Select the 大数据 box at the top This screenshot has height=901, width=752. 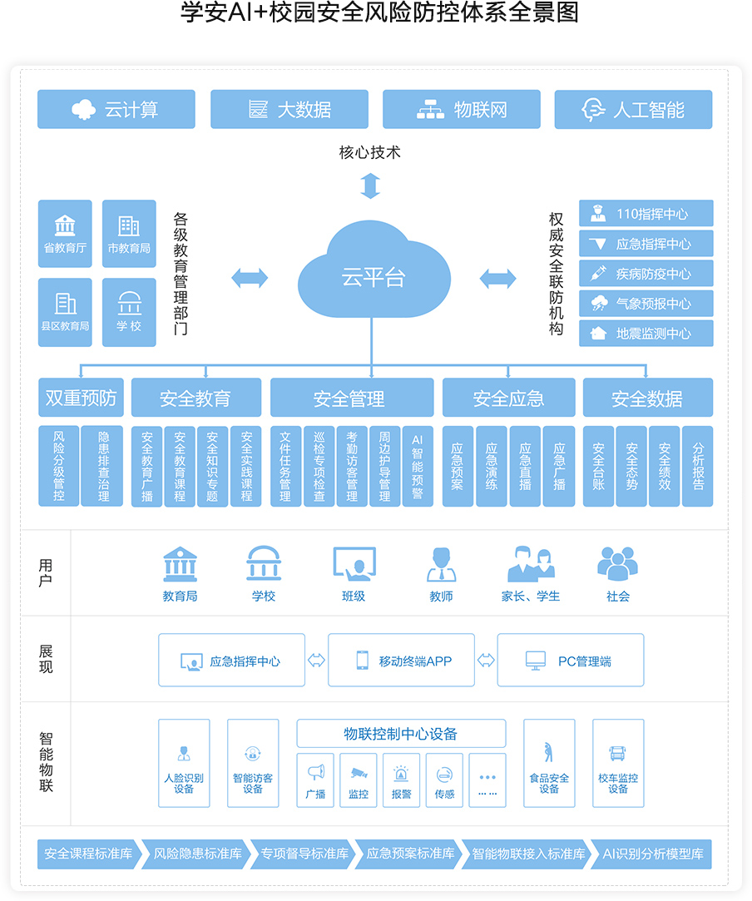click(289, 110)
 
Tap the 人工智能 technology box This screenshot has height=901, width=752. click(633, 110)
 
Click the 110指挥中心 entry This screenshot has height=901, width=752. click(646, 214)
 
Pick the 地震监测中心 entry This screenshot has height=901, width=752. click(646, 334)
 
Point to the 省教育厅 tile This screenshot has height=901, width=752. click(65, 234)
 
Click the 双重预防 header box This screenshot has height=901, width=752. click(81, 399)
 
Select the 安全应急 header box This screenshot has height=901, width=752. click(508, 399)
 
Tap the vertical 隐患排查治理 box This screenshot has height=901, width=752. click(103, 466)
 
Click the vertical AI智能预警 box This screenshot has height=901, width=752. click(418, 466)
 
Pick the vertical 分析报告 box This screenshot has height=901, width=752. click(697, 466)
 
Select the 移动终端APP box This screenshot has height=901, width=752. click(401, 661)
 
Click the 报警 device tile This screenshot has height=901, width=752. click(401, 780)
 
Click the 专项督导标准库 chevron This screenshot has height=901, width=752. click(303, 854)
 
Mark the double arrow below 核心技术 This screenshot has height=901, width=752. click(370, 186)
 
